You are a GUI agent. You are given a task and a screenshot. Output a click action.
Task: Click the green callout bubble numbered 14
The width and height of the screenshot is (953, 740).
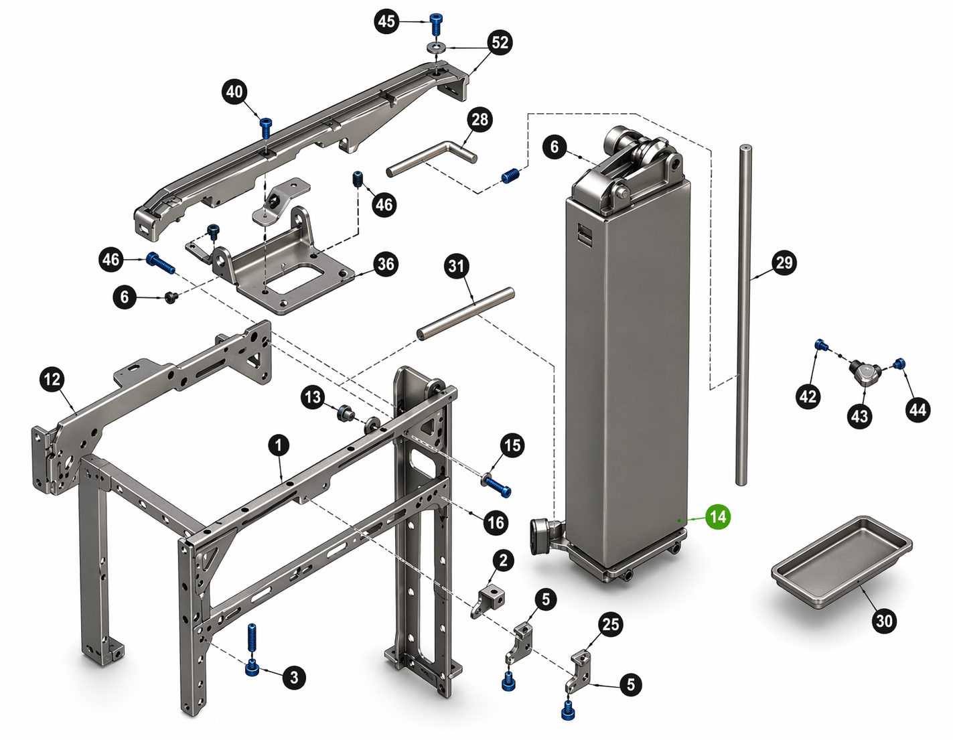(717, 517)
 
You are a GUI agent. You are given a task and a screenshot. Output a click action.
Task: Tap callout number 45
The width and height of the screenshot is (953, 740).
(386, 21)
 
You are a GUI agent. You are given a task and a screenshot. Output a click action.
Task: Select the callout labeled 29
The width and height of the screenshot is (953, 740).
(784, 263)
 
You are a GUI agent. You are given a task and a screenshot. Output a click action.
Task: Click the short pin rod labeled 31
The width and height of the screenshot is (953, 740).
(465, 312)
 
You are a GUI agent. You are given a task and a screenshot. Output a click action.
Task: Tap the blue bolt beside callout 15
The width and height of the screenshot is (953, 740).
(496, 485)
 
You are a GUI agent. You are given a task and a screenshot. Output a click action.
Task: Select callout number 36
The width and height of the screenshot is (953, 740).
(386, 264)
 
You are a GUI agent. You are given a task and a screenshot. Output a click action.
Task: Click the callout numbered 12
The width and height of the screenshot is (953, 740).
(52, 380)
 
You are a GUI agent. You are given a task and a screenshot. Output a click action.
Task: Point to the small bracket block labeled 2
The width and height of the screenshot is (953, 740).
(491, 598)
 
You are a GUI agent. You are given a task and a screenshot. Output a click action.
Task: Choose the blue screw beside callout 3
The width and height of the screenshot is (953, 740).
(252, 668)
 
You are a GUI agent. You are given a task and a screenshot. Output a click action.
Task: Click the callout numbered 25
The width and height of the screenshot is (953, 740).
(610, 625)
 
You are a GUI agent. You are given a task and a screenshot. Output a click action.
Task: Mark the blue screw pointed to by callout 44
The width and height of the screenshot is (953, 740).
(900, 364)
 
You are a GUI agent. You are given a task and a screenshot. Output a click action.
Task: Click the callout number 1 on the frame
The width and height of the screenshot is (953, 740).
(279, 445)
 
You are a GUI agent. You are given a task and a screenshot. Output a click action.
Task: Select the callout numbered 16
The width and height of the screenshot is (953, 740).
(496, 522)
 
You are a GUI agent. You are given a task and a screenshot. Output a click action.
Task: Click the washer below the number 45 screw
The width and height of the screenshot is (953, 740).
(438, 48)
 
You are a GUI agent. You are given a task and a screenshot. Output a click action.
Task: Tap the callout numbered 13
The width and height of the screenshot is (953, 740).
(313, 398)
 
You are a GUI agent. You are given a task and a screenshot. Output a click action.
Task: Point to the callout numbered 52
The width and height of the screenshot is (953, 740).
(500, 43)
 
